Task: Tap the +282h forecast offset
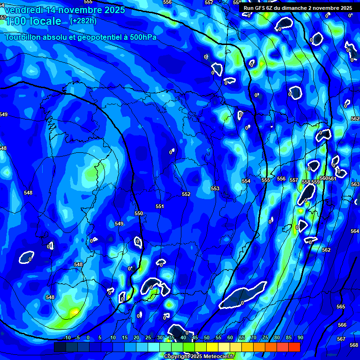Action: click(x=83, y=21)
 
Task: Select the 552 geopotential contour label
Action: click(x=186, y=194)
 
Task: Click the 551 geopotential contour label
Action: click(x=160, y=206)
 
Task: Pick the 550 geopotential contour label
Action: click(x=139, y=213)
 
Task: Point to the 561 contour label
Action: click(x=332, y=179)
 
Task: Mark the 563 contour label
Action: click(x=355, y=184)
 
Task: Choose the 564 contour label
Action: click(x=355, y=231)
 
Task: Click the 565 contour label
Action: click(x=341, y=307)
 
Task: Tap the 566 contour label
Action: click(x=342, y=325)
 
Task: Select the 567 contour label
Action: click(x=341, y=338)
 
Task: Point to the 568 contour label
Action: click(x=353, y=345)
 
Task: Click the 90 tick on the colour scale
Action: click(x=300, y=337)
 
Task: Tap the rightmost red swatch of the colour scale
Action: click(x=294, y=347)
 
